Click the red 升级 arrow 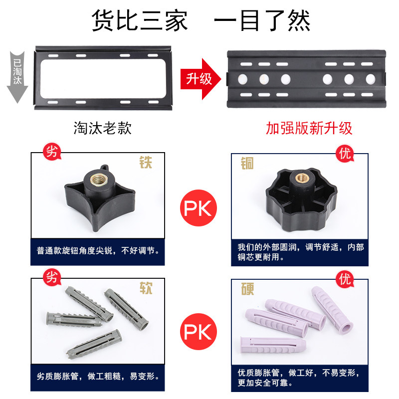coord(200,79)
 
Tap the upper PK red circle coord(199,208)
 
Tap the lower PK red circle coord(199,332)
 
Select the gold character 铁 coord(146,163)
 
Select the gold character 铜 coord(247,163)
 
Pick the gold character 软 coord(146,288)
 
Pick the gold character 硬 coord(247,289)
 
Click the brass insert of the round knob coord(302,178)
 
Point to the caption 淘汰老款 coord(103,128)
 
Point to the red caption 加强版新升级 coord(309,128)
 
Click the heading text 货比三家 coord(140,20)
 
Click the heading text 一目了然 coord(262,20)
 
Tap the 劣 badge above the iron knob coord(52,152)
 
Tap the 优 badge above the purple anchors coord(345,279)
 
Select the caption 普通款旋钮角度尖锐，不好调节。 coord(98,251)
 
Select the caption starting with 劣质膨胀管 coord(98,376)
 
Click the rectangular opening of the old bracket coord(103,79)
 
